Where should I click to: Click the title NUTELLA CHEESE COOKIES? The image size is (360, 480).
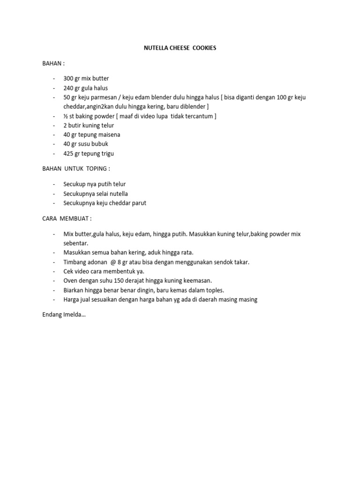click(180, 48)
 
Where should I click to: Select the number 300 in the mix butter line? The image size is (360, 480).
click(69, 78)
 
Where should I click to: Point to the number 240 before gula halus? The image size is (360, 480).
click(69, 88)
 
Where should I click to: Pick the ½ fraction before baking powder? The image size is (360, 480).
click(66, 116)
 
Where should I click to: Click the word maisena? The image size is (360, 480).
click(109, 135)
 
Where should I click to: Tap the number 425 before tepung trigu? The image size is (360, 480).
click(69, 154)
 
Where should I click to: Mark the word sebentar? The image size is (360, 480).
click(75, 243)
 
